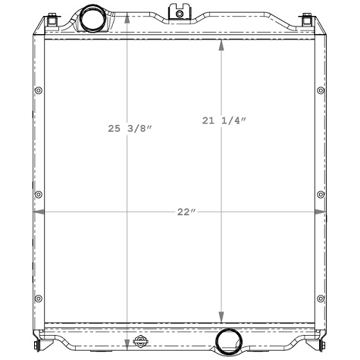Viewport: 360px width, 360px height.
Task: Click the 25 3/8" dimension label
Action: [x=130, y=129]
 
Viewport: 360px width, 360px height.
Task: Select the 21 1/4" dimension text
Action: [x=225, y=120]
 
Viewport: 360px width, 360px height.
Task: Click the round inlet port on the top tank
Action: [x=94, y=16]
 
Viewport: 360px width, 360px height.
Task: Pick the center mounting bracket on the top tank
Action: [x=180, y=11]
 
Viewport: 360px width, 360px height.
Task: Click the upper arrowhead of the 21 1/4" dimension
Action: [x=221, y=44]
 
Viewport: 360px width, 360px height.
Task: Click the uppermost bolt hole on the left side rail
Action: [x=38, y=92]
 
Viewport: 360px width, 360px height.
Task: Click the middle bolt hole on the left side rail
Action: [x=38, y=196]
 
